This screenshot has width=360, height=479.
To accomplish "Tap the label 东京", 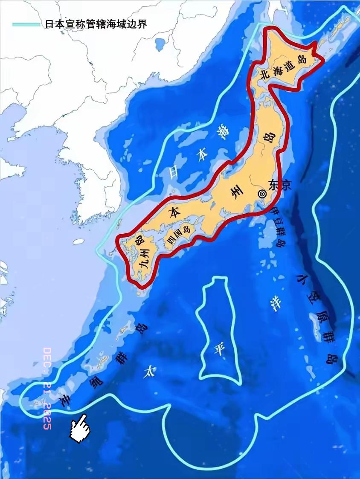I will [280, 185].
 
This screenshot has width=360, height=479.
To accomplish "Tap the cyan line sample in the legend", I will [26, 24].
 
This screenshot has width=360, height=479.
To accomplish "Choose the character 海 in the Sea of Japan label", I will [221, 131].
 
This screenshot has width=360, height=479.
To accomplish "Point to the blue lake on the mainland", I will [161, 44].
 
